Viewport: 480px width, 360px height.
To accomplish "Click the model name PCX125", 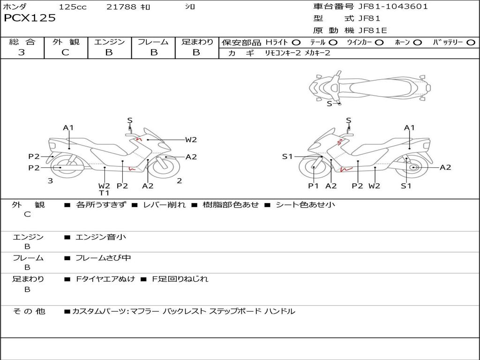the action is tap(30, 18).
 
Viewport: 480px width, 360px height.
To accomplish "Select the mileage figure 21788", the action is tap(121, 7).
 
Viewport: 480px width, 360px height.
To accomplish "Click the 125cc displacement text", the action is tap(73, 7).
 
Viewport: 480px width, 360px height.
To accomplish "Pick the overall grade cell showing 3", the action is tap(22, 52).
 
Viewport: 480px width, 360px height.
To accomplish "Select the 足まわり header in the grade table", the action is tap(197, 42).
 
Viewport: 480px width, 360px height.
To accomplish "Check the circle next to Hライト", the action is tap(296, 43).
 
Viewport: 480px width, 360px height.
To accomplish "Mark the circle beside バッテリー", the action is tap(471, 43).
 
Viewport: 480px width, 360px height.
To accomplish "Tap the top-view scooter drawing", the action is tap(369, 86).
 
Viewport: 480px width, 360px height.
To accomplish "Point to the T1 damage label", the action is tap(104, 193).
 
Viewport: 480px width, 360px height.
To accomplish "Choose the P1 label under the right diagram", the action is tap(313, 186).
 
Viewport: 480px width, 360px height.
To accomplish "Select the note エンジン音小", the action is tap(101, 237).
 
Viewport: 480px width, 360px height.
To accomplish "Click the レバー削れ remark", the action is tap(164, 205).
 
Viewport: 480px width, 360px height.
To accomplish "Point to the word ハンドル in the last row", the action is tap(280, 311).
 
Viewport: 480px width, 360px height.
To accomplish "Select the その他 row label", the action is tap(29, 311).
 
